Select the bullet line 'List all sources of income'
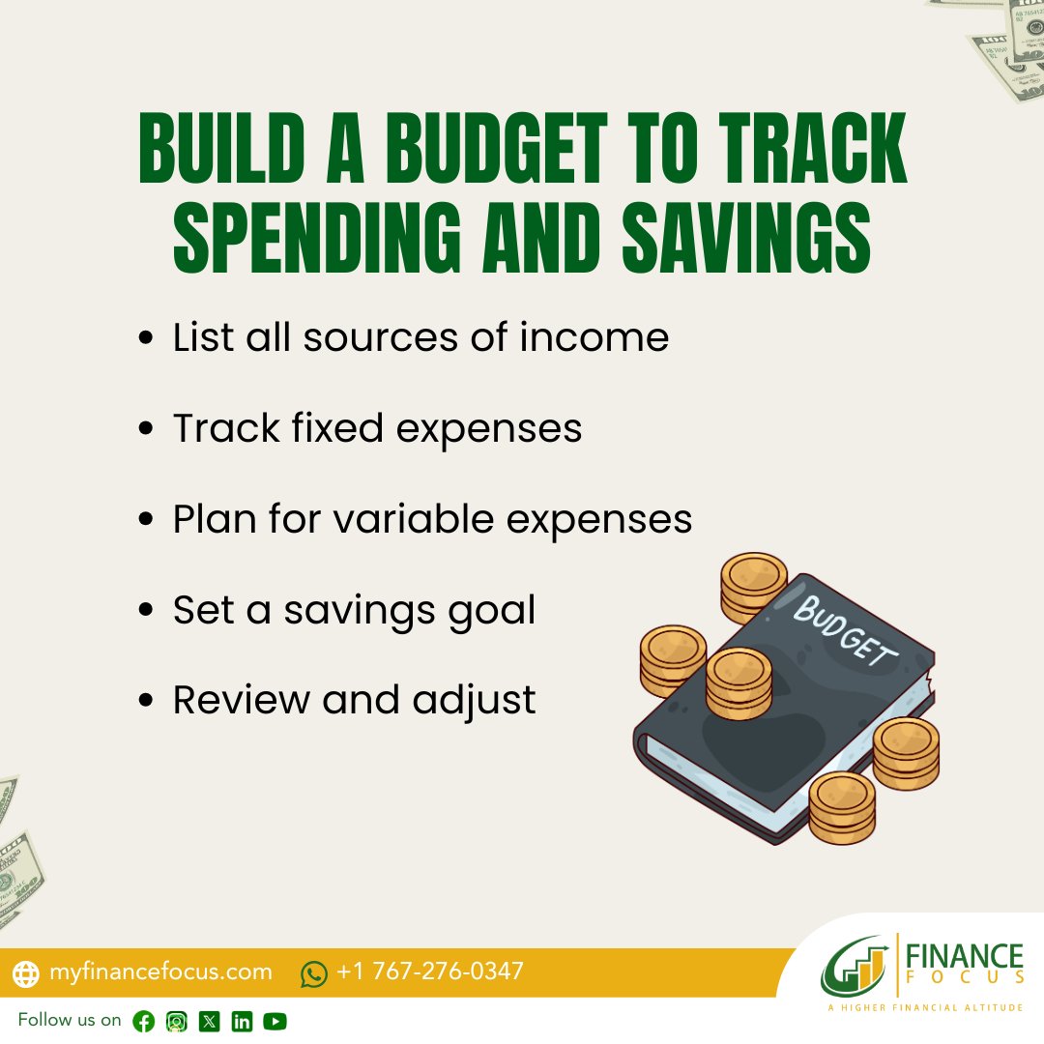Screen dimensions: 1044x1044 coord(420,338)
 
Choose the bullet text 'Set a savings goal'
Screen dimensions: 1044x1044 coord(354,610)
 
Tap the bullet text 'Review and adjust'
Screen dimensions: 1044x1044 coord(354,700)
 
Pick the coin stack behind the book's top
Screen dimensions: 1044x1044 coord(755,586)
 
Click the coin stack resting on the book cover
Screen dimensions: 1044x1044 coord(739,682)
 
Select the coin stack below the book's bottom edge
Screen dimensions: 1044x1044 coord(841,807)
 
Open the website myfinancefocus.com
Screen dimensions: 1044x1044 coord(160,971)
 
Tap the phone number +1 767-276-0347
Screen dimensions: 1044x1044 coord(430,971)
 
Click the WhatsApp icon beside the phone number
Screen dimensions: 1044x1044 coord(314,973)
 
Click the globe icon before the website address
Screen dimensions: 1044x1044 coord(27,973)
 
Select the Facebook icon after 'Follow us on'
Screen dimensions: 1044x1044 coord(144,1022)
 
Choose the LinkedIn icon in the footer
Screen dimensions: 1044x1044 coord(242,1022)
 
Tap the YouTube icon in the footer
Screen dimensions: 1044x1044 coord(275,1022)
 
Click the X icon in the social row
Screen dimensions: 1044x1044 coord(209,1022)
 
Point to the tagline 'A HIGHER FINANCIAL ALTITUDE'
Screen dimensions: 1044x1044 coord(925,1008)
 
